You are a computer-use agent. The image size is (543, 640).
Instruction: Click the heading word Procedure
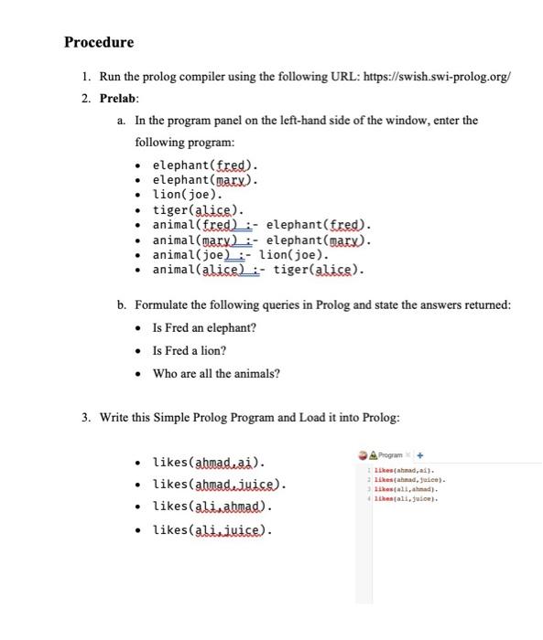[x=99, y=42]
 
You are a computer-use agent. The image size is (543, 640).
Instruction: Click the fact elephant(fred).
[x=205, y=165]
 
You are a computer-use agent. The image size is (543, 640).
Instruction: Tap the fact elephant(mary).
[x=205, y=180]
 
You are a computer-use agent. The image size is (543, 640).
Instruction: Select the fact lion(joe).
[x=187, y=195]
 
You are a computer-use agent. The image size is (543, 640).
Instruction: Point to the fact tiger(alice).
[x=198, y=210]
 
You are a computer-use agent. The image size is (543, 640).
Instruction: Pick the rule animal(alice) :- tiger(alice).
[x=258, y=271]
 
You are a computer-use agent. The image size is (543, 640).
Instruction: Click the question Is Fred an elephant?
[x=204, y=327]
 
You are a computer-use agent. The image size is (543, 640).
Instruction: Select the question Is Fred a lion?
[x=190, y=350]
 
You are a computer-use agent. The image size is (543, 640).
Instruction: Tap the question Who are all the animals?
[x=216, y=373]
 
